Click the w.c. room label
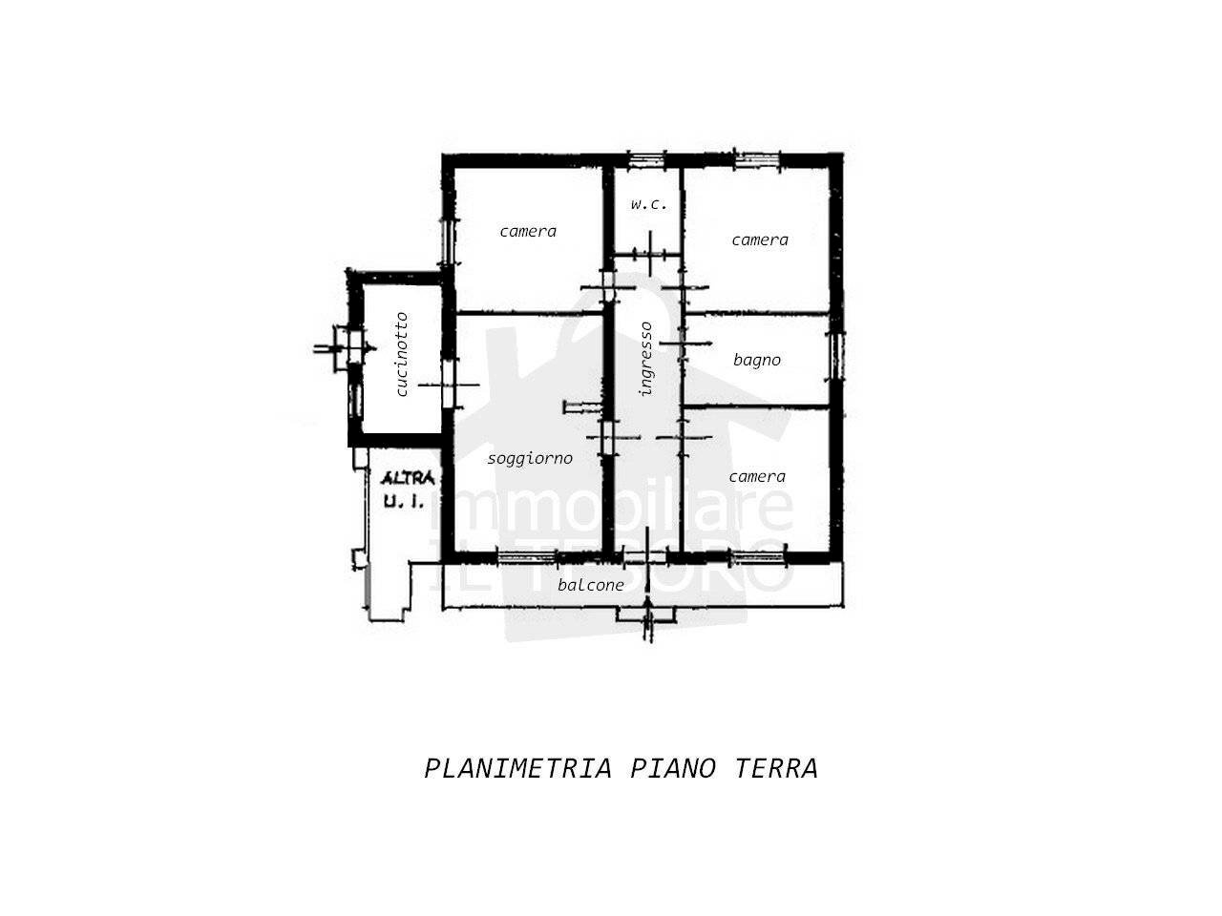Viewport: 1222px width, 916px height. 648,204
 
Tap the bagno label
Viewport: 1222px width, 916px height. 756,361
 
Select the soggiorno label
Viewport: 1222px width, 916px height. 530,459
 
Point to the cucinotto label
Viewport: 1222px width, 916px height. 401,354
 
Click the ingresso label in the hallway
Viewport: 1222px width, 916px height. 645,359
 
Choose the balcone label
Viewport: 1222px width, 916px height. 591,585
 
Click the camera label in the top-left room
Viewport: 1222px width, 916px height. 528,231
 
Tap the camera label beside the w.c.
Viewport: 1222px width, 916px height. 759,240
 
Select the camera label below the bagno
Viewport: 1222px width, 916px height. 757,477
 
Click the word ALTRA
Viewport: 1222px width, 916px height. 408,478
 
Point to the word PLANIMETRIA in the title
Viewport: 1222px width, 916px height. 517,769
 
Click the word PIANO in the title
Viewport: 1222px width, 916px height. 672,769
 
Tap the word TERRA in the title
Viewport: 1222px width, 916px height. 776,769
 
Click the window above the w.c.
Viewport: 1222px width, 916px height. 645,160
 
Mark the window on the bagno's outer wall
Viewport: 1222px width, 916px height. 835,356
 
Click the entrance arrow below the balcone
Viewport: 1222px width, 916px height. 647,617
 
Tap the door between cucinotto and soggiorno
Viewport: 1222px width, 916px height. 448,384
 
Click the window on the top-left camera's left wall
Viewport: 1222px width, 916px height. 448,241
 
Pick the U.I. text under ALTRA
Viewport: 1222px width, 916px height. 404,501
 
